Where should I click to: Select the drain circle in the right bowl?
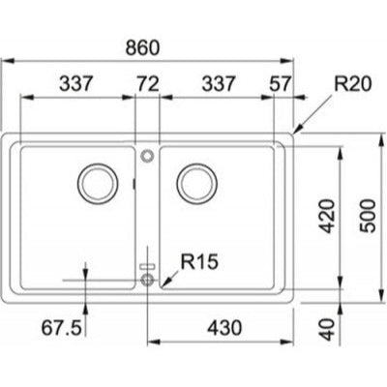click(196, 181)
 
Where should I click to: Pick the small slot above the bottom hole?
click(146, 264)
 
